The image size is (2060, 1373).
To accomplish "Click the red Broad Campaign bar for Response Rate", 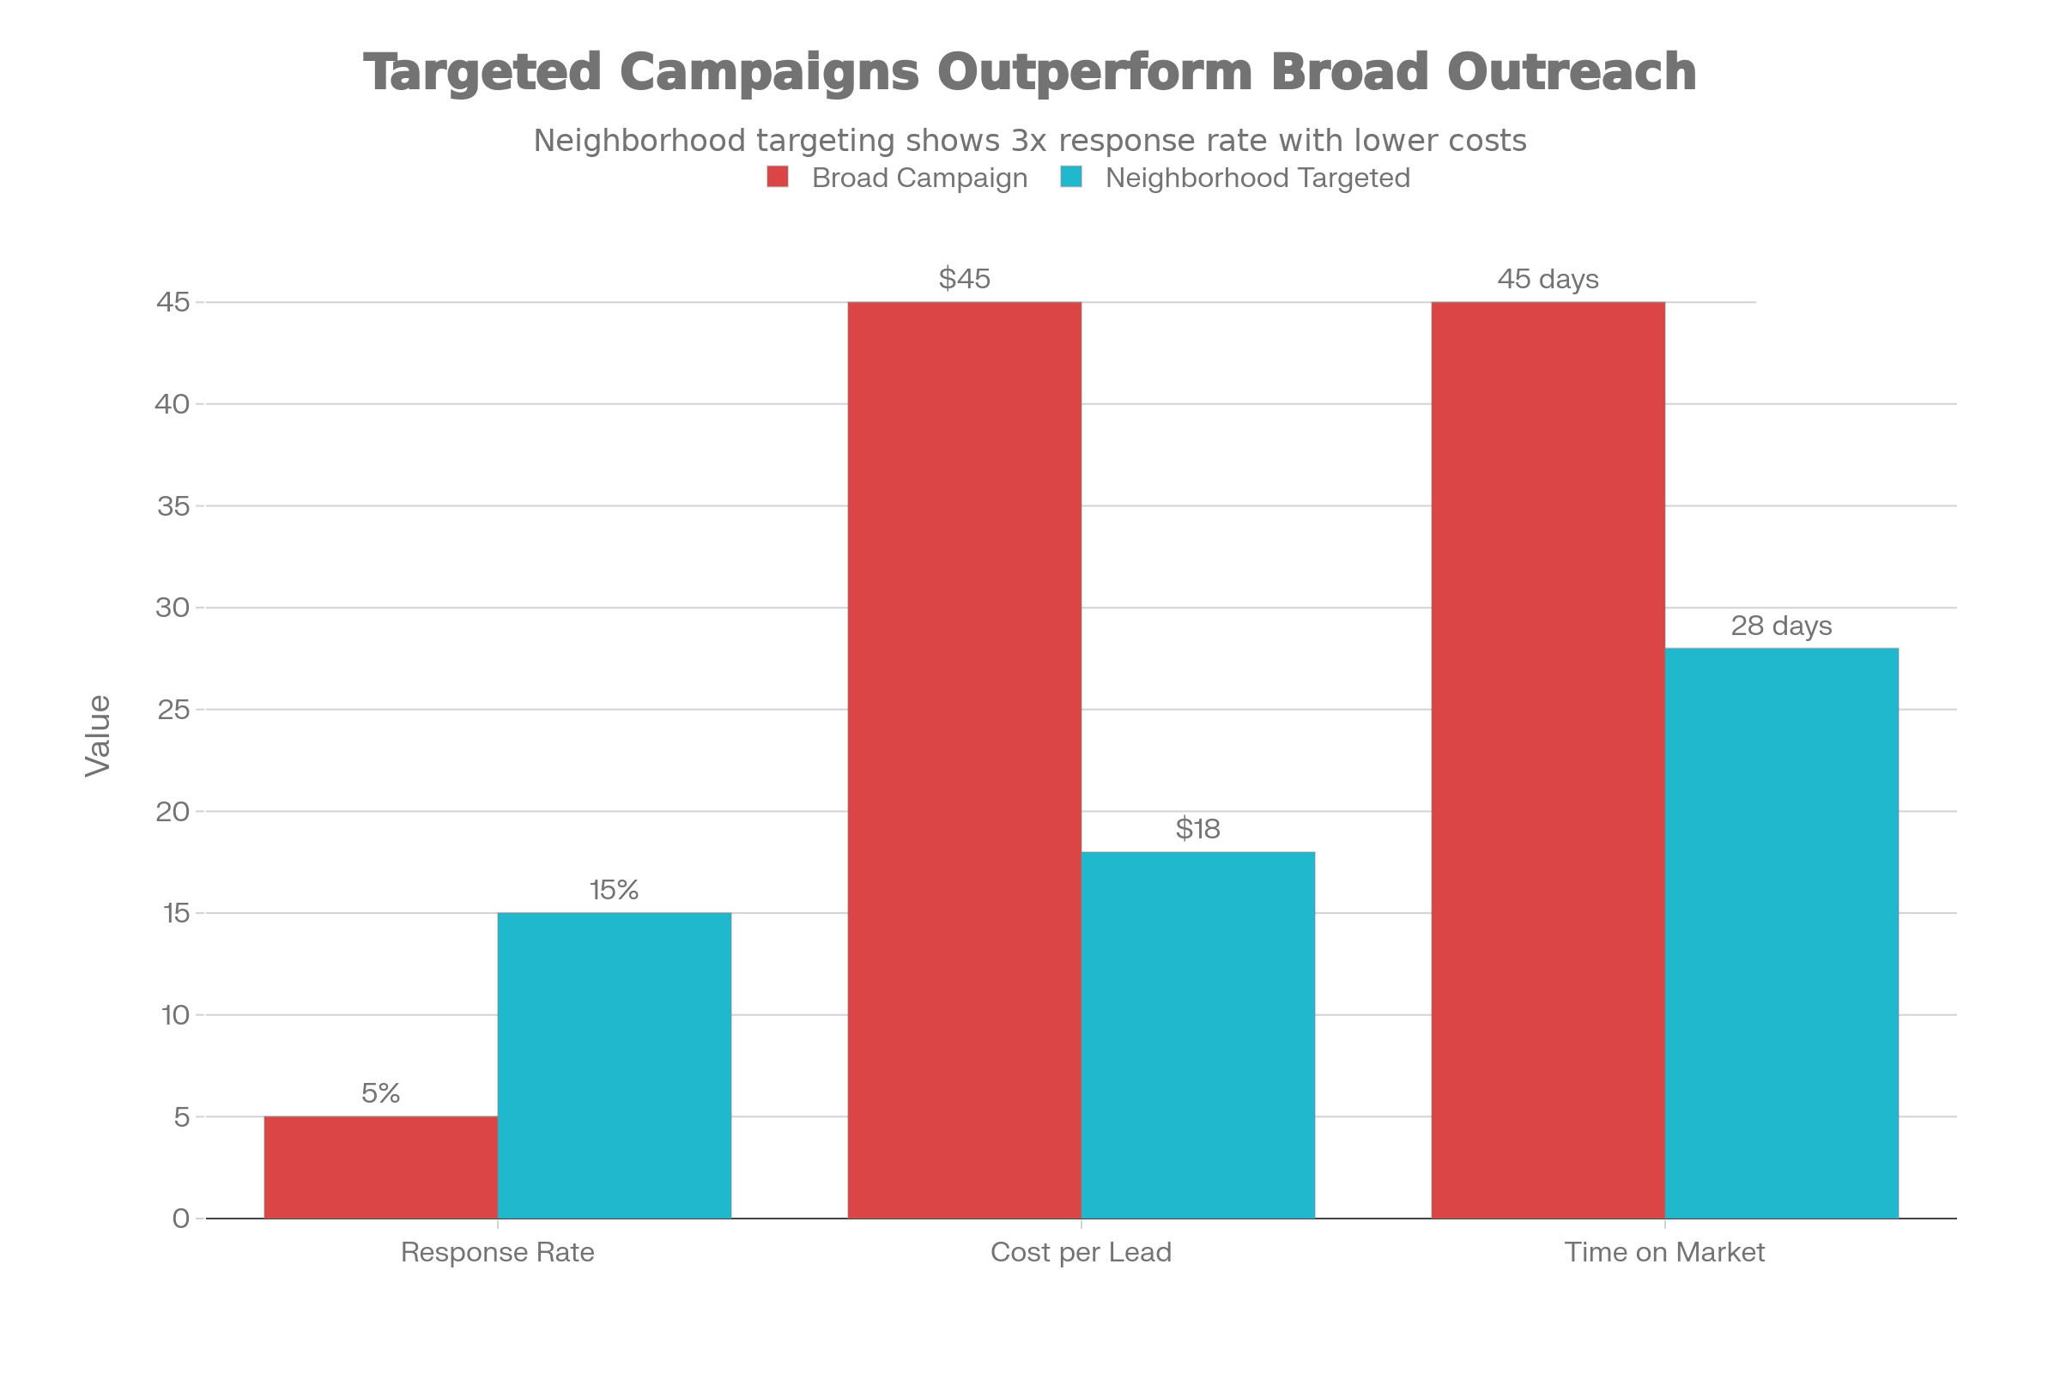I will coord(380,1166).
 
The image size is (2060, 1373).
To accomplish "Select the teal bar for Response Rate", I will coord(614,1065).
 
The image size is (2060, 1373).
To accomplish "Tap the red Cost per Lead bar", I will coord(963,760).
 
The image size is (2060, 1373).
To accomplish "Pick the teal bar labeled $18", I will coord(1197,1034).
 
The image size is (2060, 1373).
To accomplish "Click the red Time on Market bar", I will coord(1548,760).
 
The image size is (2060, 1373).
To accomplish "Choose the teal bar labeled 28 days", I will coord(1782,933).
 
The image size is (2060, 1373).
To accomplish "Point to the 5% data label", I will coord(380,1092).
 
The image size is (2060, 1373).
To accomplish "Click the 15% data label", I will coord(614,890).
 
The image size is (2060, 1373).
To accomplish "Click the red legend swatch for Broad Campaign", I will coord(777,178).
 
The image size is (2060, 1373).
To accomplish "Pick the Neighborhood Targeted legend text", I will coord(1257,178).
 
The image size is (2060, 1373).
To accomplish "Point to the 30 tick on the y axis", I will coord(173,607).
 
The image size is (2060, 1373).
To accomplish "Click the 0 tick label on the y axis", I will coord(180,1218).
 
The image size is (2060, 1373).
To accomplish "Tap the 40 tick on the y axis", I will coord(173,403).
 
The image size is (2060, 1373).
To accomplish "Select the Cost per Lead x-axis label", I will coord(1080,1252).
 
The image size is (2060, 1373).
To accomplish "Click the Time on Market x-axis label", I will coord(1664,1252).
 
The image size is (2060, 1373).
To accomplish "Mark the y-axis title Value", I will coord(98,735).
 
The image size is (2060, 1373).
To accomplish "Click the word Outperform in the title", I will coord(1095,72).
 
